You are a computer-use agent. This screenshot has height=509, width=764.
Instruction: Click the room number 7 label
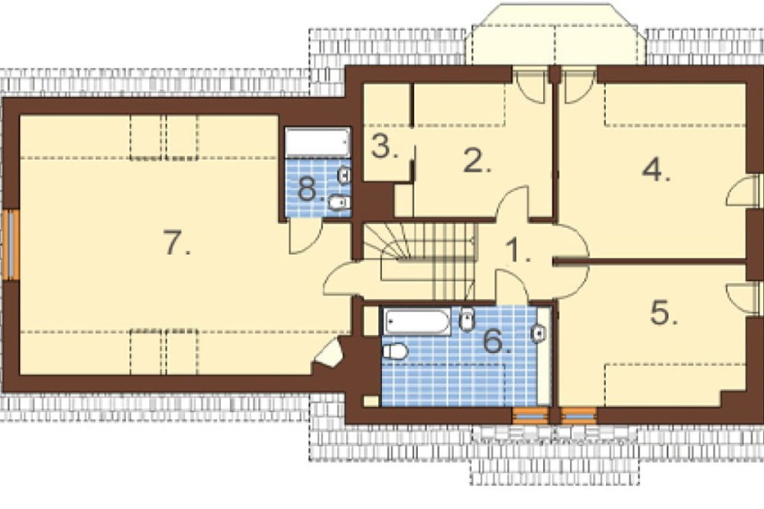click(176, 243)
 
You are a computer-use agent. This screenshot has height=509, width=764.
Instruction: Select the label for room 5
click(664, 313)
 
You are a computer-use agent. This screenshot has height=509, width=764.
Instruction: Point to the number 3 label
click(384, 146)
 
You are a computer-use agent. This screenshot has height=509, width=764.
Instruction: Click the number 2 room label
click(477, 161)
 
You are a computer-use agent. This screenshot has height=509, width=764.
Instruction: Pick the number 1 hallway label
click(518, 251)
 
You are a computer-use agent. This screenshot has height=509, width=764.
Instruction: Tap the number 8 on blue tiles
click(310, 190)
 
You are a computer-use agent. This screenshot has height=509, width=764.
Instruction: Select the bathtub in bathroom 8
click(318, 142)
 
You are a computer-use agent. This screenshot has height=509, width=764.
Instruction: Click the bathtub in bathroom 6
click(417, 322)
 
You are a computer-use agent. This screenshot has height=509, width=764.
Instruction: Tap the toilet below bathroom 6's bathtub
click(395, 351)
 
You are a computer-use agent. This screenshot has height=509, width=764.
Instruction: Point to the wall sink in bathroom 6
click(539, 333)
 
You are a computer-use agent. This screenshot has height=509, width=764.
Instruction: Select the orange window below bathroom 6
click(529, 416)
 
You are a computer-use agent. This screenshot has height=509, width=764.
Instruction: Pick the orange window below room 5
click(579, 416)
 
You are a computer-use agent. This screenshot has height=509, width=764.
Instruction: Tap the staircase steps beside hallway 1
click(420, 261)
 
